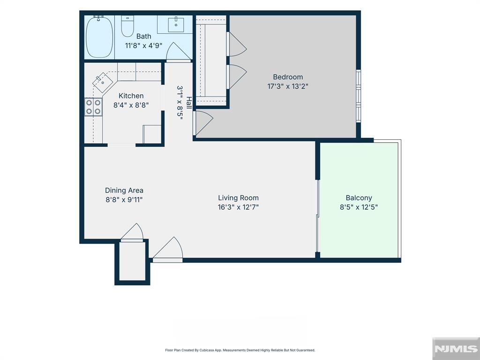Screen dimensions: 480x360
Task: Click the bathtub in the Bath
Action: coord(99,37)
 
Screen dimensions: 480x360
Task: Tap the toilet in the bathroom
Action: coord(127,26)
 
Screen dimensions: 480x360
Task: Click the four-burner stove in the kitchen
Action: coord(93,107)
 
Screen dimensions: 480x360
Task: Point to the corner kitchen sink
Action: coord(103,82)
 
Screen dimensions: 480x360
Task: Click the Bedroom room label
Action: coord(288,77)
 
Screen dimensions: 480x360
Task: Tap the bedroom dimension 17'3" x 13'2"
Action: coord(288,86)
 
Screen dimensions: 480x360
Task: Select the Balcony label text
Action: coord(359,198)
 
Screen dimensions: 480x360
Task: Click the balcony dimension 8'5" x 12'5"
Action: coord(359,207)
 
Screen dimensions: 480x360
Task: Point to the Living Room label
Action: coord(238,198)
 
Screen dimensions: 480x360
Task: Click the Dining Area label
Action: coord(124,190)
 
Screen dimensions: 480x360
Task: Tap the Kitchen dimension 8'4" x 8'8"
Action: coord(131,105)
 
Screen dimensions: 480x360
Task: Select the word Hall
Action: coord(189,103)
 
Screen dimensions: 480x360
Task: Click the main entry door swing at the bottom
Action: coord(168,248)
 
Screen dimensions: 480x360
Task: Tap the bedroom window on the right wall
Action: coord(359,96)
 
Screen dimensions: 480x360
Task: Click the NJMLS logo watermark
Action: coord(456,349)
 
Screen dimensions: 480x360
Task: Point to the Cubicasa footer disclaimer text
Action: coord(240,350)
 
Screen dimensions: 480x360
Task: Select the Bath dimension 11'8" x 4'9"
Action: coord(143,45)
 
